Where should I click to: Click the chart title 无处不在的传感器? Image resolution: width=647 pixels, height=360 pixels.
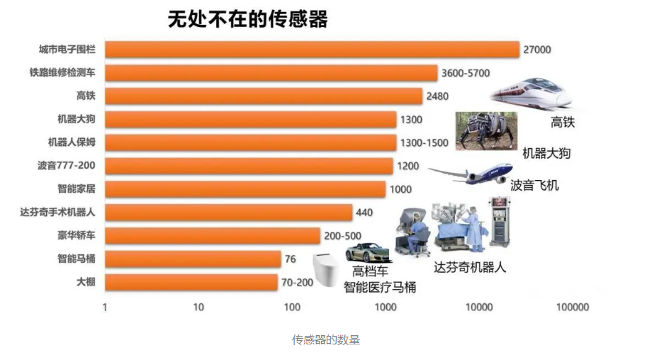247,19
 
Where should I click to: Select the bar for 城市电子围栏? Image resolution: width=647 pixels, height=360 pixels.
312,49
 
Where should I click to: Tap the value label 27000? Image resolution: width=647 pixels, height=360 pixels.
536,50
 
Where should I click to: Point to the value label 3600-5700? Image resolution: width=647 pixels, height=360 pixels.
465,73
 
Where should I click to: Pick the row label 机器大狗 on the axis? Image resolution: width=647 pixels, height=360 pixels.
76,119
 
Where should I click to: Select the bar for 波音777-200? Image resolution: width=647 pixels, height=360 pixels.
249,166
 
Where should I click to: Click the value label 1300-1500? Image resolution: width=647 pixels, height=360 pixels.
424,142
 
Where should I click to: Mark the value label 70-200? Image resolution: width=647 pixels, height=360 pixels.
296,282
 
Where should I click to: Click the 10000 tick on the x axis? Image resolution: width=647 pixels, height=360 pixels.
479,308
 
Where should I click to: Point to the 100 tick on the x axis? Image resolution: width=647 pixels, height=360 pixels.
292,308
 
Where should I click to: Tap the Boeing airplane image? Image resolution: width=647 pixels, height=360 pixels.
471,173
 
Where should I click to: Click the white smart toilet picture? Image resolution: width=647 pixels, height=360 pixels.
326,269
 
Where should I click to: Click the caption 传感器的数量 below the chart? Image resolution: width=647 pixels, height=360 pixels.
326,340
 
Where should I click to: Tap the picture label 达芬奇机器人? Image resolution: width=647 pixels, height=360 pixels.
470,268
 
